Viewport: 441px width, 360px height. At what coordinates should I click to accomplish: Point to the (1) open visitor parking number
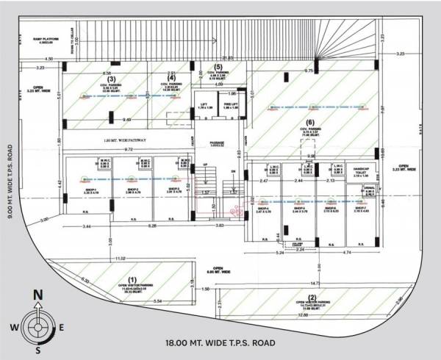click(x=132, y=279)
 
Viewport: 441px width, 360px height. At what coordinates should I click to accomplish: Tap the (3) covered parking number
click(x=111, y=79)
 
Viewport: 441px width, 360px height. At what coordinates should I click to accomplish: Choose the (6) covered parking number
click(x=309, y=122)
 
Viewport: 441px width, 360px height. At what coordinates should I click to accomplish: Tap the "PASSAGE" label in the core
click(x=217, y=143)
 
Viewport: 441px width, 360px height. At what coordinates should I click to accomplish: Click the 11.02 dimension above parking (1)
click(x=121, y=259)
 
